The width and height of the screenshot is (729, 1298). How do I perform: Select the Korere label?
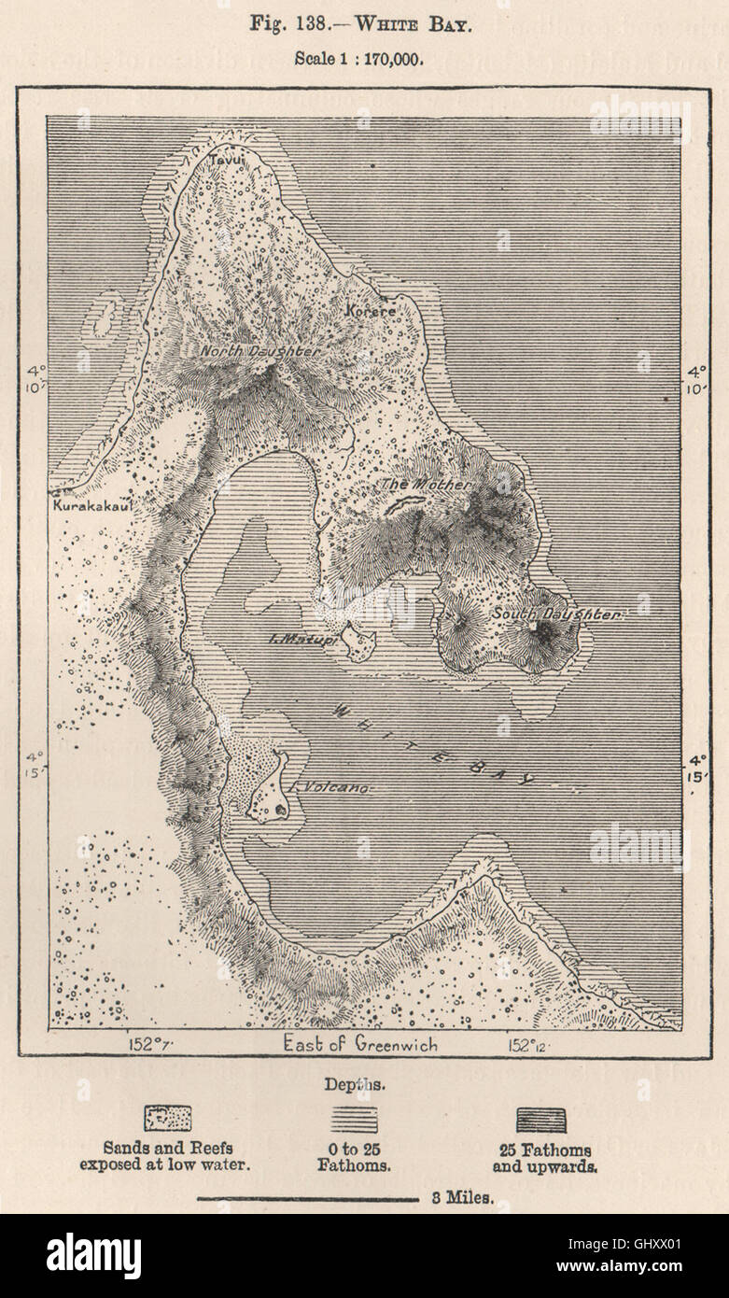[370, 310]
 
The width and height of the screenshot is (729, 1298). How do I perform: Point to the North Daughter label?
[260, 352]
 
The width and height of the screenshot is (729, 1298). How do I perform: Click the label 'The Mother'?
[412, 485]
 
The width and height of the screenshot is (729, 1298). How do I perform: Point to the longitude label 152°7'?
[147, 1043]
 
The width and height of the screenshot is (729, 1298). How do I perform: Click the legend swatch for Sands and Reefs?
[167, 1118]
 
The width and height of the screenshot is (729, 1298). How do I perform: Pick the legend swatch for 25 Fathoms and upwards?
[540, 1119]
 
